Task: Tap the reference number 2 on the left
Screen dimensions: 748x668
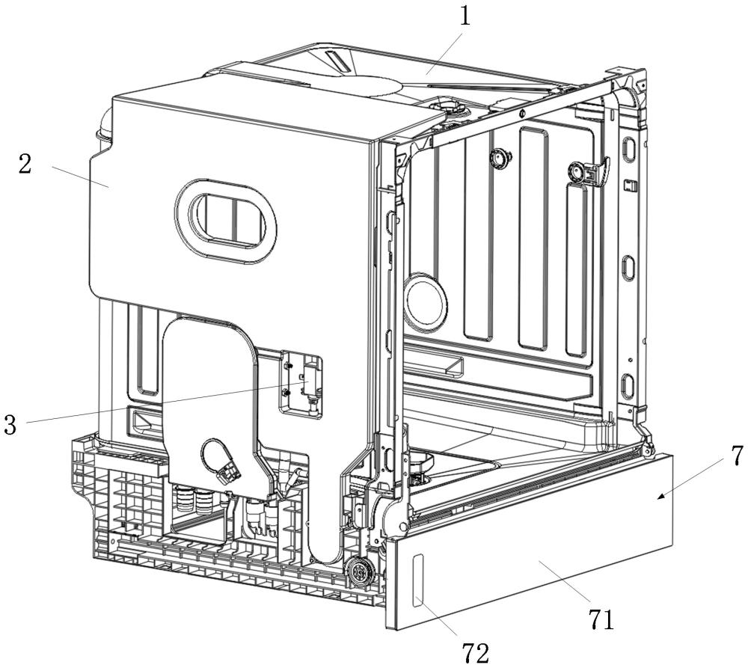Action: pyautogui.click(x=25, y=164)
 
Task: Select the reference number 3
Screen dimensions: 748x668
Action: pyautogui.click(x=10, y=423)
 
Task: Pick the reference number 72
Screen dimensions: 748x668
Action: pyautogui.click(x=476, y=652)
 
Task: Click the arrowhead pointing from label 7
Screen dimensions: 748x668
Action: pyautogui.click(x=661, y=496)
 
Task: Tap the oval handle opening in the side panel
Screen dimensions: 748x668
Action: pyautogui.click(x=225, y=221)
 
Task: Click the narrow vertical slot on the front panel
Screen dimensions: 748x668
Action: pyautogui.click(x=417, y=579)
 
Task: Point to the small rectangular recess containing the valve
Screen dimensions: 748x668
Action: pyautogui.click(x=301, y=385)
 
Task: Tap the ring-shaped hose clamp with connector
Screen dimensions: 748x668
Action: pyautogui.click(x=220, y=462)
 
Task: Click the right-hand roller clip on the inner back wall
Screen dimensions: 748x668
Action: pyautogui.click(x=588, y=171)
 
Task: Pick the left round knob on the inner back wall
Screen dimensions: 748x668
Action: pyautogui.click(x=500, y=158)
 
